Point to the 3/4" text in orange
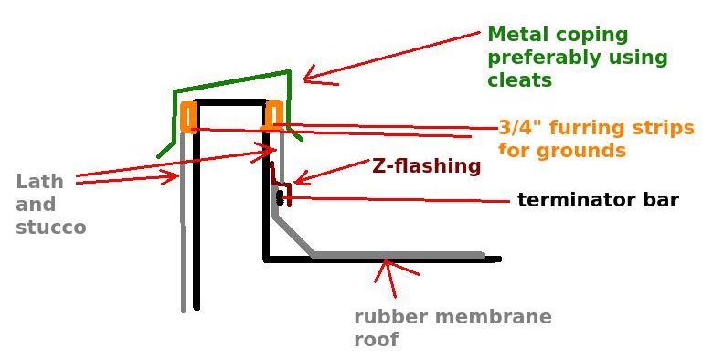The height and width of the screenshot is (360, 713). [x=521, y=127]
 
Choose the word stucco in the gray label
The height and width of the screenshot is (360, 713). [x=50, y=227]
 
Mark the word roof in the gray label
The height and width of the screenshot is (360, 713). [x=376, y=340]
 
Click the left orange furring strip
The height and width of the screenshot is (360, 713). [x=188, y=116]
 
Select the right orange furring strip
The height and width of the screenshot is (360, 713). [x=273, y=114]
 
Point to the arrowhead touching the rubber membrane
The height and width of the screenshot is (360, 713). [x=388, y=265]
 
